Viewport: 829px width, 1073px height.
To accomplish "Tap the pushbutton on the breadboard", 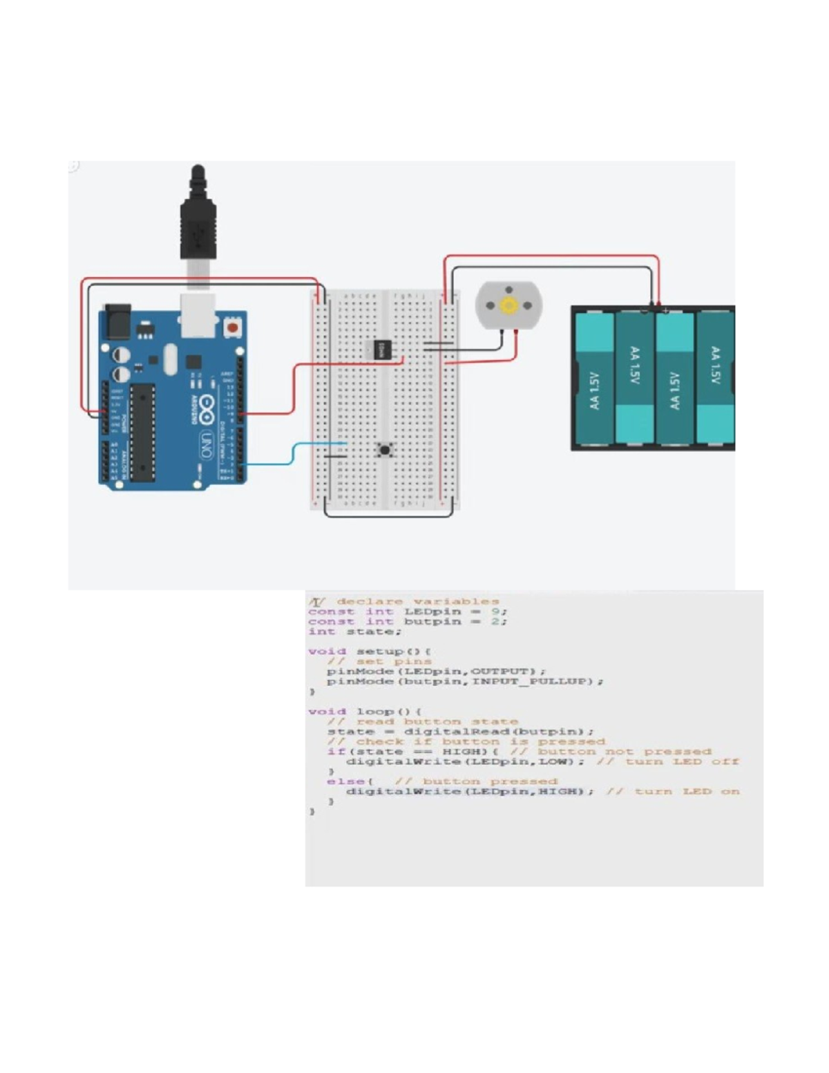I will coord(385,450).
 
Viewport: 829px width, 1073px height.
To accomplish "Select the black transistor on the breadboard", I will coord(381,350).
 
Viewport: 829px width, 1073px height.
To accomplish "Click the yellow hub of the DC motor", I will coord(509,305).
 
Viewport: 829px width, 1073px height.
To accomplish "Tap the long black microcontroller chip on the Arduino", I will coord(142,432).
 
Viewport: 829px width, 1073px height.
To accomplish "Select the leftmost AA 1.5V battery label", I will coord(595,391).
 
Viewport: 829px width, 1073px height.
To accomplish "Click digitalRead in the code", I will coord(458,731).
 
